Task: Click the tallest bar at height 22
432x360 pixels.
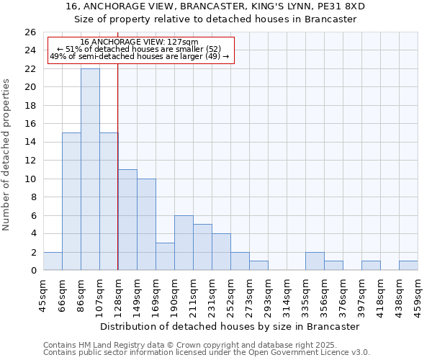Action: [x=90, y=170]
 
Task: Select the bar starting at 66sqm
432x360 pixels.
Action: [x=71, y=202]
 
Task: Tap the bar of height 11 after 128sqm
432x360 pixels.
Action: [x=127, y=220]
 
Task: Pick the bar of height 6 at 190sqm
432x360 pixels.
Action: [x=184, y=243]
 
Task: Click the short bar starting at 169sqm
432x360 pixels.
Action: [x=165, y=256]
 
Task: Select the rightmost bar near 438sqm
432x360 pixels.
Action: [x=408, y=266]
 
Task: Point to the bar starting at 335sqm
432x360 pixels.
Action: [x=315, y=261]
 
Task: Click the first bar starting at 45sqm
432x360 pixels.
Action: [x=53, y=261]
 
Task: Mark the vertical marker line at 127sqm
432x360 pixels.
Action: [x=117, y=166]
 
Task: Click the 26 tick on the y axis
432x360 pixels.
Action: [x=31, y=32]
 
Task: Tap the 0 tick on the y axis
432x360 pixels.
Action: [x=33, y=271]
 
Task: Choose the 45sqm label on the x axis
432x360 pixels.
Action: [x=43, y=294]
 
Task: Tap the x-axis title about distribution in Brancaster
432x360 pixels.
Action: [x=230, y=326]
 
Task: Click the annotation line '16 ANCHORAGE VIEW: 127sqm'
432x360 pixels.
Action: [x=139, y=42]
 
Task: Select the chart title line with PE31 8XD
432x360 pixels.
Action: [x=215, y=6]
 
